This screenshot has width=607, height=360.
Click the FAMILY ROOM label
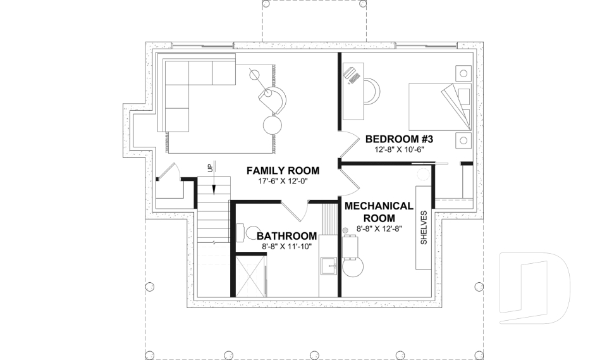tap(283, 171)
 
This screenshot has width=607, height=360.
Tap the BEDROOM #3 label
tap(398, 139)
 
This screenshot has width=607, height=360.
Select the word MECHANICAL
tap(379, 206)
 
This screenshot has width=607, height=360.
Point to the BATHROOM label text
tap(278, 236)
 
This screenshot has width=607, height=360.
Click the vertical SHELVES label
tap(424, 228)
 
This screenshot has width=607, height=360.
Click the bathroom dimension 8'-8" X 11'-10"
tap(278, 247)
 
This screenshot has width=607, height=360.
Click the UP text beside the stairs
tap(209, 168)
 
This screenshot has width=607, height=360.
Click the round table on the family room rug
tap(274, 123)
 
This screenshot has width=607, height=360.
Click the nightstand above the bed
tap(465, 73)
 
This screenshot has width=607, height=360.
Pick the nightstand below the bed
tap(465, 139)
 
